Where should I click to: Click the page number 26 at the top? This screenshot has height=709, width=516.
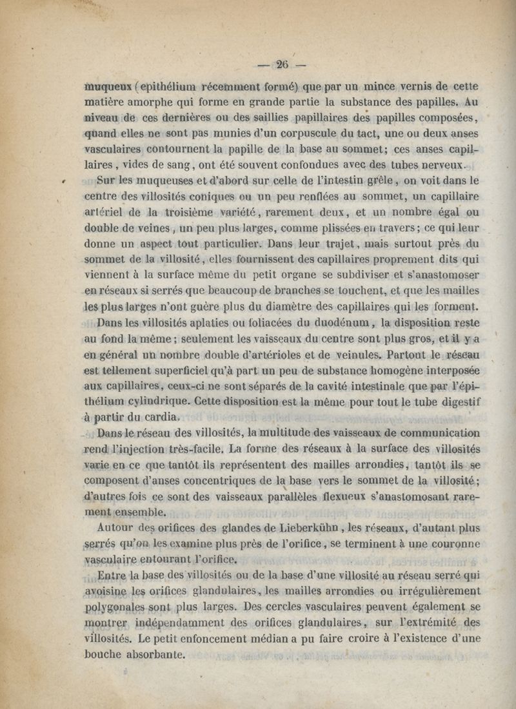281,64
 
